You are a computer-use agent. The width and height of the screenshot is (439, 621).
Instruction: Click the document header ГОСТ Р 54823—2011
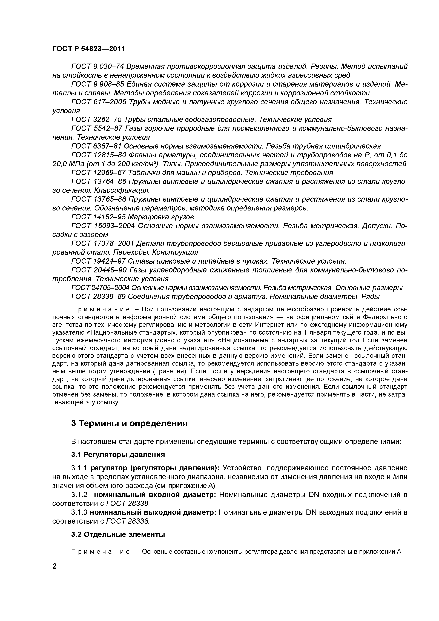89,49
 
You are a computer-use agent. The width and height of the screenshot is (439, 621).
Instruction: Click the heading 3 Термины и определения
129,423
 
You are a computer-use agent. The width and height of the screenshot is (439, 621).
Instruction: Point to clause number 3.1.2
79,495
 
